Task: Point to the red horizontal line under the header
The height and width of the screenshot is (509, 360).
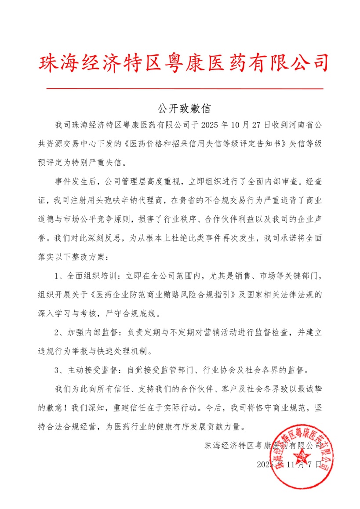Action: pos(185,89)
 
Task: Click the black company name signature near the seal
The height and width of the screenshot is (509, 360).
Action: pos(263,446)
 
